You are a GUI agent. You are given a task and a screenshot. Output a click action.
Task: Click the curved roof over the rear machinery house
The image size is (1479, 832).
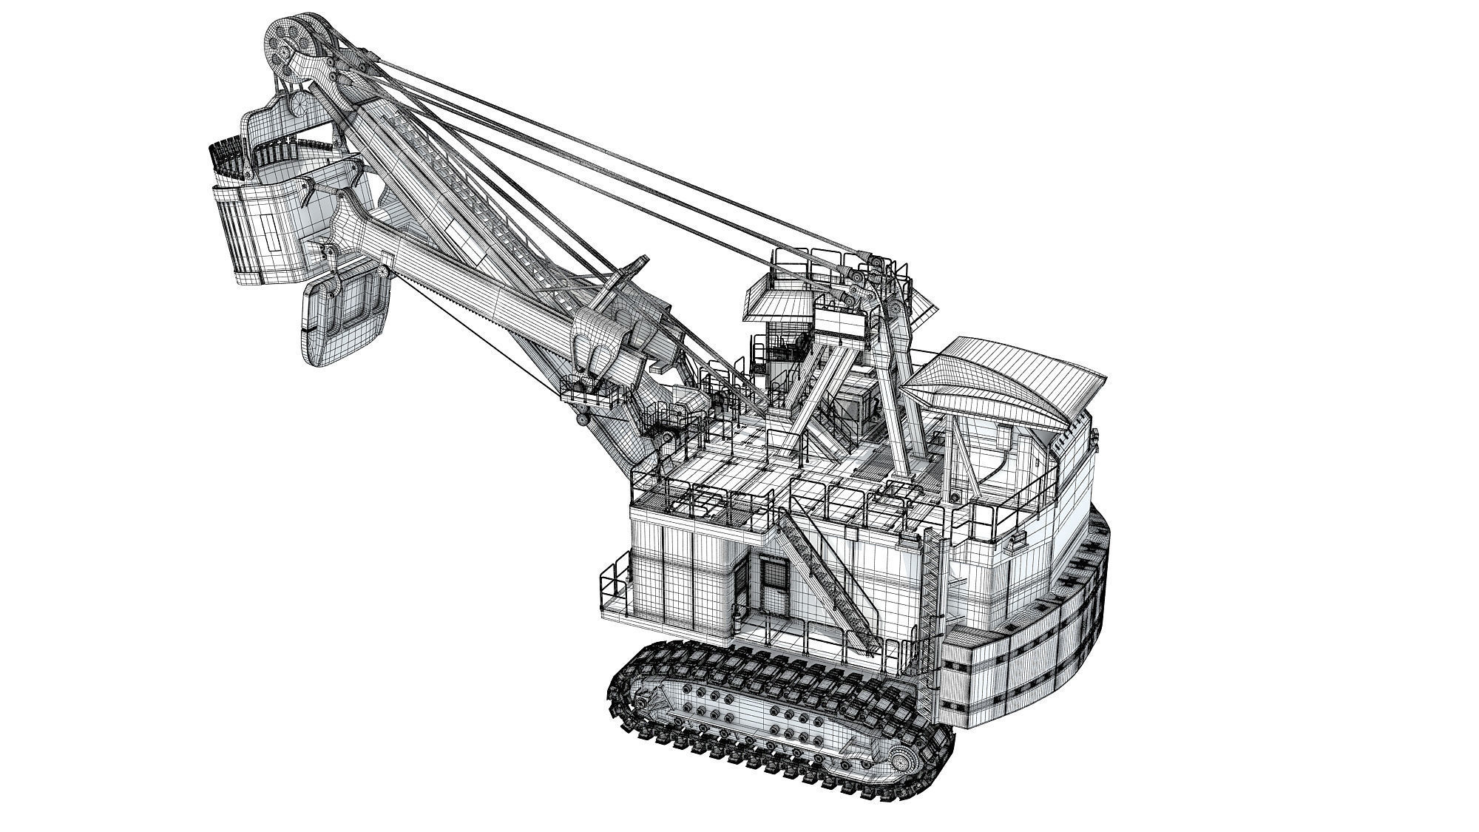point(1006,385)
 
